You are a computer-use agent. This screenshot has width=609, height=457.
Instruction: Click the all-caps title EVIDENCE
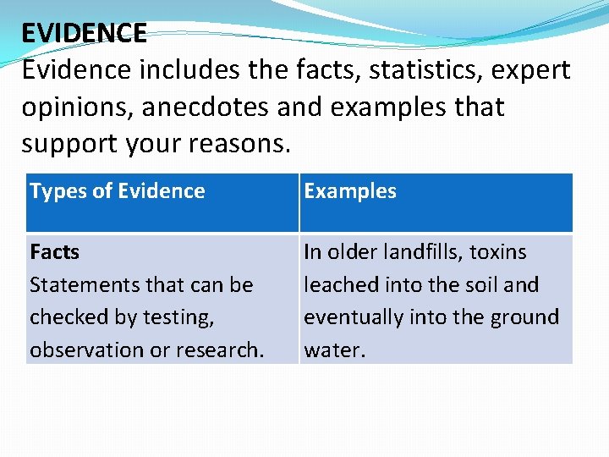click(84, 33)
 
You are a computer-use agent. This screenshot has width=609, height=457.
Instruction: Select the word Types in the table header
click(52, 191)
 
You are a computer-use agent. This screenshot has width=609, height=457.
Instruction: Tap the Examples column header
click(350, 191)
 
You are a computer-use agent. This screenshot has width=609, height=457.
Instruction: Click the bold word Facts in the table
click(54, 252)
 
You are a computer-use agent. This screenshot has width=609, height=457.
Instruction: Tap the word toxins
click(498, 252)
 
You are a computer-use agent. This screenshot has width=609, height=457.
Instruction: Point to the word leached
click(334, 285)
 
